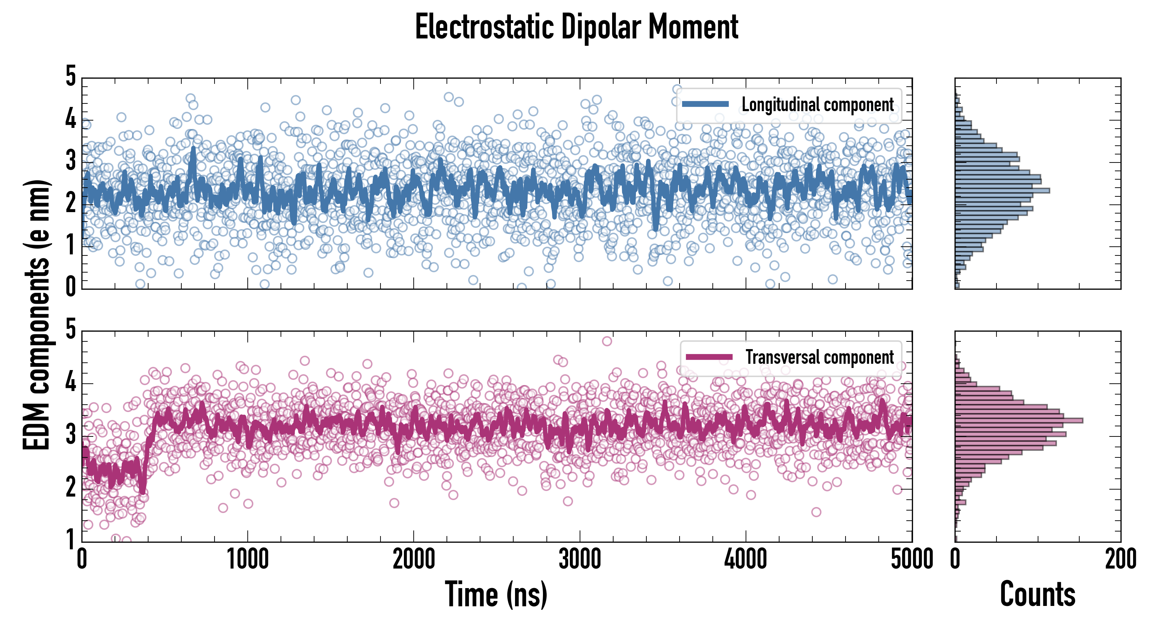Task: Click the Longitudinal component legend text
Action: (818, 105)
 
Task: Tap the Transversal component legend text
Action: (820, 357)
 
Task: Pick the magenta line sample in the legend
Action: (709, 357)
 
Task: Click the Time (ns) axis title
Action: (496, 594)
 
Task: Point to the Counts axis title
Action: (1037, 594)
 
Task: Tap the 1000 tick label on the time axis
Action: (247, 559)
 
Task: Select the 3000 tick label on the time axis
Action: (580, 559)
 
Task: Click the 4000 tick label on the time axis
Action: (746, 559)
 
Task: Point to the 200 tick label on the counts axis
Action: (1120, 559)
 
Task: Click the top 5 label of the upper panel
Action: (71, 76)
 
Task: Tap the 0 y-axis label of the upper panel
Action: (71, 287)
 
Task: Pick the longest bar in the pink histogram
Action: (1019, 420)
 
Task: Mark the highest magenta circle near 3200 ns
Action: (607, 341)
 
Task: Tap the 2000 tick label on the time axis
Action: (414, 559)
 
